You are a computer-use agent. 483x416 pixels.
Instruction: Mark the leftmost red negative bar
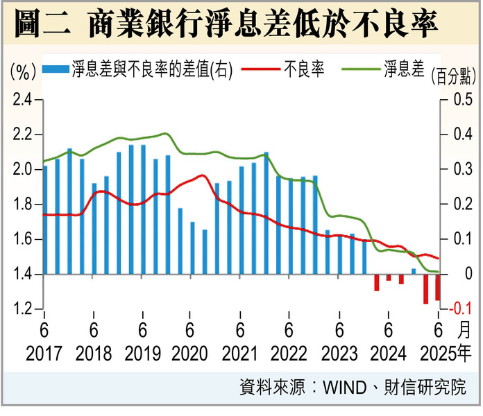[x=377, y=282]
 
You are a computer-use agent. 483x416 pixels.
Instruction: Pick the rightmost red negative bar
[x=438, y=288]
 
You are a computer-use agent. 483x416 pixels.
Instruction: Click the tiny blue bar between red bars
[x=414, y=271]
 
